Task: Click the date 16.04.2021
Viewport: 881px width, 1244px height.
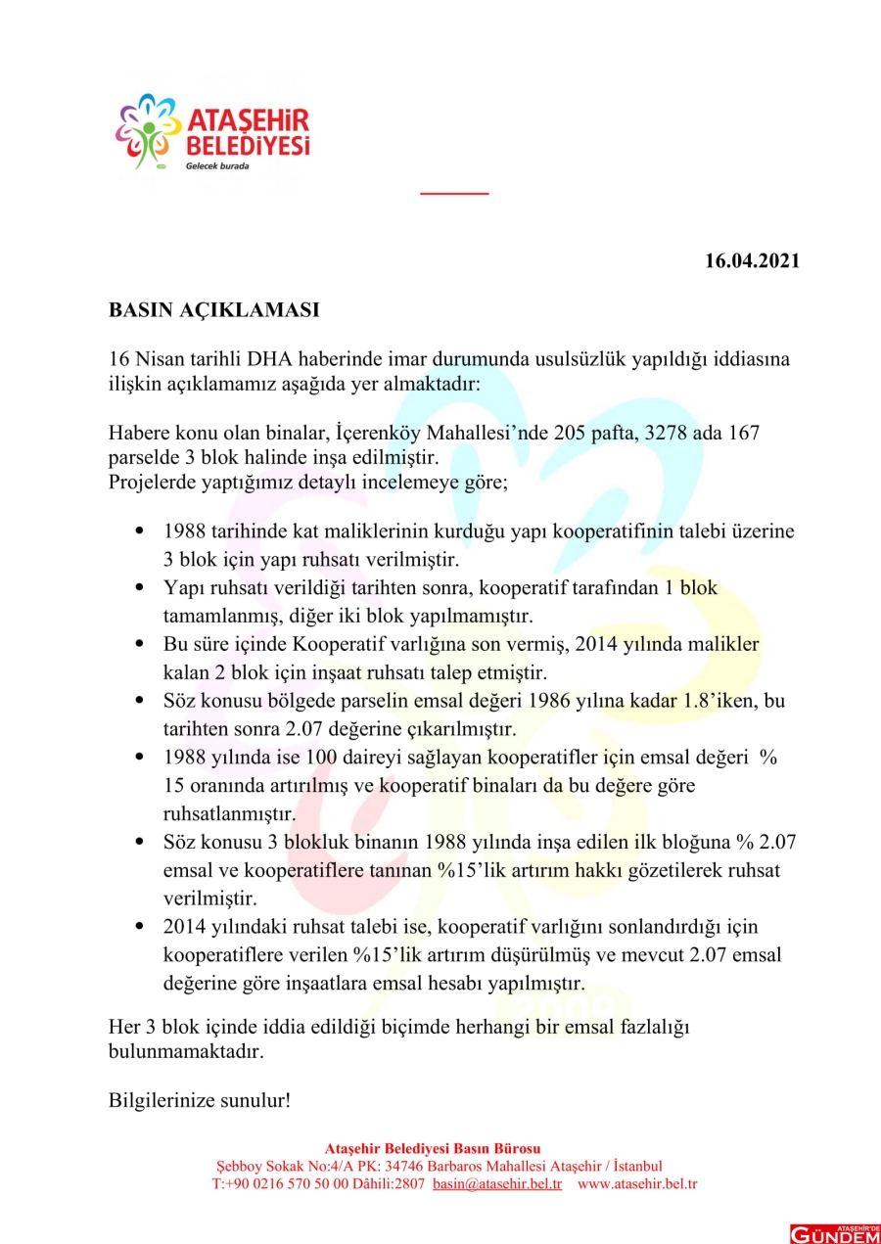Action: pyautogui.click(x=752, y=261)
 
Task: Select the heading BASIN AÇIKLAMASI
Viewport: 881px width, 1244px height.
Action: pyautogui.click(x=213, y=310)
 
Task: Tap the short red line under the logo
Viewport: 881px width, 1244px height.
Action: pyautogui.click(x=454, y=193)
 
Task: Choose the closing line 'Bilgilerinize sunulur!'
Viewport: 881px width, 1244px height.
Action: pyautogui.click(x=199, y=1099)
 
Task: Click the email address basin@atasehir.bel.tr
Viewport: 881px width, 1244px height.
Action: pyautogui.click(x=496, y=1183)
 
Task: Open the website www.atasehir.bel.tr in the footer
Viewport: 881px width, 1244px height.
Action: pyautogui.click(x=637, y=1183)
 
